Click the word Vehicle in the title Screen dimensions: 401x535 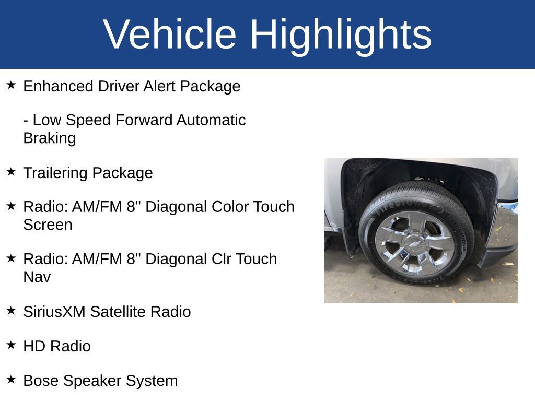(x=170, y=34)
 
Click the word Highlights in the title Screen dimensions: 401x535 (x=341, y=35)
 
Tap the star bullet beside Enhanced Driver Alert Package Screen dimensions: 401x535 (x=11, y=85)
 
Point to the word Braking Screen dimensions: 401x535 (x=49, y=138)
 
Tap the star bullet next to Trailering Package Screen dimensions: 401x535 (x=11, y=171)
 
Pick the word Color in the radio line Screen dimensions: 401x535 (x=230, y=207)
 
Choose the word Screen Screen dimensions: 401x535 (x=48, y=225)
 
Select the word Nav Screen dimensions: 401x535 (x=37, y=277)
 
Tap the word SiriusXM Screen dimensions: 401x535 (x=54, y=312)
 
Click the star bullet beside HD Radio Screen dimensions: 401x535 (x=11, y=345)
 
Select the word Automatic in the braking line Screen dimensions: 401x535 (x=211, y=121)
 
